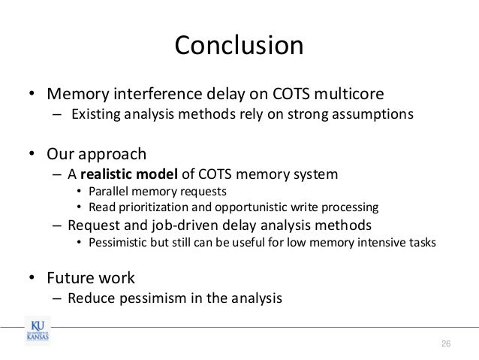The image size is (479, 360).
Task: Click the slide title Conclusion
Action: pyautogui.click(x=239, y=47)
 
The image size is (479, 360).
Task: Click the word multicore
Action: pyautogui.click(x=343, y=95)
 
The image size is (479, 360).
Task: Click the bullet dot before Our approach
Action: pyautogui.click(x=32, y=156)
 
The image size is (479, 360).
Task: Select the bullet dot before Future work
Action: pyautogui.click(x=32, y=278)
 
